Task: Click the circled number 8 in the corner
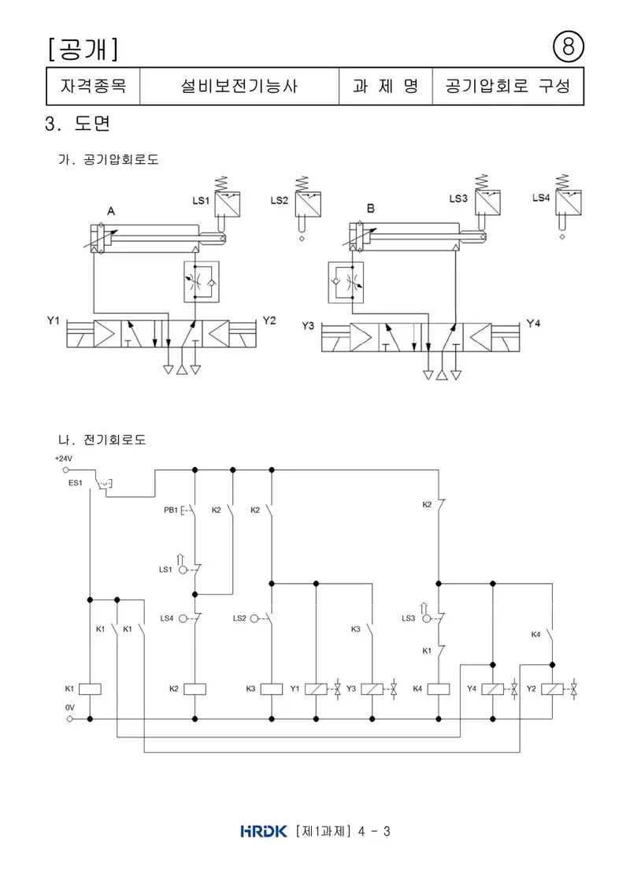(568, 46)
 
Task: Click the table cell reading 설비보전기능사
(239, 86)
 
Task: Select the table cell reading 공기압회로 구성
(508, 86)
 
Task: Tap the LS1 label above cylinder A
(201, 201)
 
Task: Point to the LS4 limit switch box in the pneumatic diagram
(568, 203)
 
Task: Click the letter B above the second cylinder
(370, 209)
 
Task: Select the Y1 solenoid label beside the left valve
(53, 321)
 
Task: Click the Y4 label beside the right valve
(533, 323)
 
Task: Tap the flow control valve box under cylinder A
(202, 282)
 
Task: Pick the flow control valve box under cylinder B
(346, 282)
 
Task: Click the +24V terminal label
(64, 458)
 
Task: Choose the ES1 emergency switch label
(75, 483)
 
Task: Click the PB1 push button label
(170, 510)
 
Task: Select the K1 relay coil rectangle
(90, 689)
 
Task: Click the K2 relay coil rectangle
(195, 689)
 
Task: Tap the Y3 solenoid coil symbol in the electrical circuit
(372, 689)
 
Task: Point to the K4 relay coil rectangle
(438, 689)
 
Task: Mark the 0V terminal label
(69, 707)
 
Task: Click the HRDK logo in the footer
(264, 831)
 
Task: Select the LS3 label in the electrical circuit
(409, 618)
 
